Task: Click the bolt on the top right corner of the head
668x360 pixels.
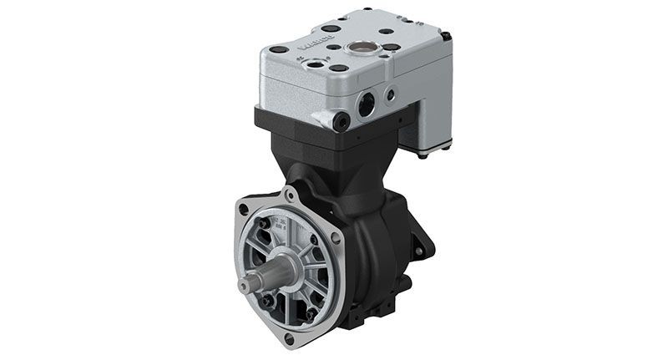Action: click(446, 36)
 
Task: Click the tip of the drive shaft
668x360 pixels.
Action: click(244, 286)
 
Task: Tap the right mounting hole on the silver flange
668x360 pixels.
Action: click(335, 237)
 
